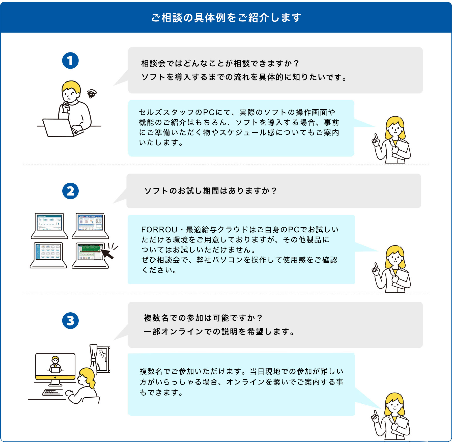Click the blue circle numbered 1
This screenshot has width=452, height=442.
click(70, 61)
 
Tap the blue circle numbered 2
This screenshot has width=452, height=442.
click(70, 191)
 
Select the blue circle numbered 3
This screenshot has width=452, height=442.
click(70, 321)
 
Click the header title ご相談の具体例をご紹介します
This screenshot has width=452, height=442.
click(226, 18)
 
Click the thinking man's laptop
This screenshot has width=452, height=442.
click(59, 128)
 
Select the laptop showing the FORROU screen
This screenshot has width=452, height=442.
click(49, 226)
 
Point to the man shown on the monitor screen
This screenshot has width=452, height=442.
click(55, 364)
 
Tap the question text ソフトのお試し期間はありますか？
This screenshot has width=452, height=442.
click(211, 191)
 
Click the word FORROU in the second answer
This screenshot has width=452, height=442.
click(159, 230)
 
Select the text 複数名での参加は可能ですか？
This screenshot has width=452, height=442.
click(203, 318)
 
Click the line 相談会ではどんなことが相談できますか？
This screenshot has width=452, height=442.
click(220, 63)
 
